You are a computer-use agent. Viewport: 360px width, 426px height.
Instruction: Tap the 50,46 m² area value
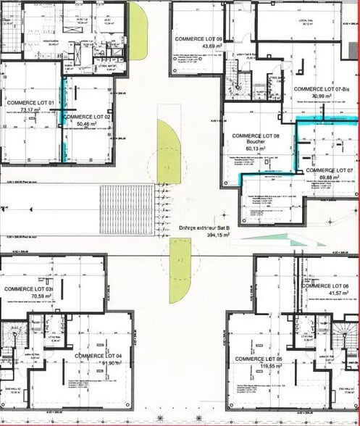[86, 124]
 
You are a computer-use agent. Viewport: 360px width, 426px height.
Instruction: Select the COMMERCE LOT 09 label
[198, 38]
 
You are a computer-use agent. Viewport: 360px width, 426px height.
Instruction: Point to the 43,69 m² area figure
[198, 46]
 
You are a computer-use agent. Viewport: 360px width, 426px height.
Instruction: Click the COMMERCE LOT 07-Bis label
[322, 88]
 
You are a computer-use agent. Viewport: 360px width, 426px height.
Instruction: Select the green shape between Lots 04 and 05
[181, 271]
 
